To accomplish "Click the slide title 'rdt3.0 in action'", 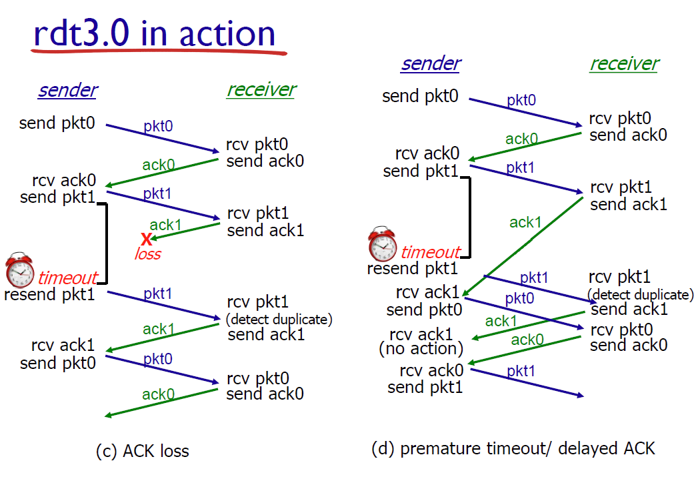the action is tap(155, 33).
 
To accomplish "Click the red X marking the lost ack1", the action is tap(146, 240).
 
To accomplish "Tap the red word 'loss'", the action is tap(148, 254).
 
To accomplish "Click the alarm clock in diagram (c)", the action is tap(19, 270).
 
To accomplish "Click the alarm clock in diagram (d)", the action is tap(382, 244).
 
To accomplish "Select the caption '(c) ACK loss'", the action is tap(143, 451).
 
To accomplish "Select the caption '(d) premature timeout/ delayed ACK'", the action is tap(513, 448).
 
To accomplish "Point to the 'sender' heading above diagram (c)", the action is tap(68, 90).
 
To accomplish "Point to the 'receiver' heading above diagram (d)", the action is tap(624, 63).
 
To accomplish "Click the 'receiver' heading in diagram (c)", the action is tap(261, 90).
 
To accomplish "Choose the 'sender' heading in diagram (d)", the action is tap(431, 63).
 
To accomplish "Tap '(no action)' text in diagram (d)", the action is tap(421, 349).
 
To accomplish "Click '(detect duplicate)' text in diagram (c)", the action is tap(279, 320).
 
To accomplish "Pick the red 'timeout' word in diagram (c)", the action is tap(67, 278).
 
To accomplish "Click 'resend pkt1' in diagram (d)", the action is tap(413, 268).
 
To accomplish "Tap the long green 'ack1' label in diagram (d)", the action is tap(525, 222).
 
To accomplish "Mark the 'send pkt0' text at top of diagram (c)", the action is tap(57, 123).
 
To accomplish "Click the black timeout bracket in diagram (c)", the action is tap(106, 244).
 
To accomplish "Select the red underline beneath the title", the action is tap(159, 53).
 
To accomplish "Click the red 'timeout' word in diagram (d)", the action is tap(431, 252).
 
